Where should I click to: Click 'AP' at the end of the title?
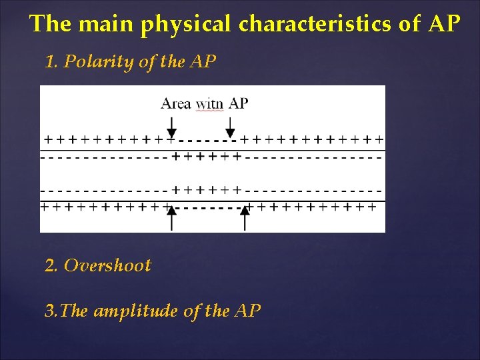point(444,24)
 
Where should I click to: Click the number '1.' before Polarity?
point(51,62)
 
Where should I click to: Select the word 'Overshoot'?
point(107,265)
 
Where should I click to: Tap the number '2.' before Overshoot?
point(51,265)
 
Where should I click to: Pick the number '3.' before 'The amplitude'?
point(50,311)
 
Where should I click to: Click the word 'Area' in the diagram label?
point(176,103)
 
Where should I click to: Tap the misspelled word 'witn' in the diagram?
point(209,104)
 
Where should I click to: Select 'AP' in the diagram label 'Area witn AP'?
point(238,103)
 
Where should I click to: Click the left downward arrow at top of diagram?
point(171,126)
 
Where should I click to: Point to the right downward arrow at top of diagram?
point(230,126)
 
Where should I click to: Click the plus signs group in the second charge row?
point(206,157)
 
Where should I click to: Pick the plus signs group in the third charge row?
point(206,189)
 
